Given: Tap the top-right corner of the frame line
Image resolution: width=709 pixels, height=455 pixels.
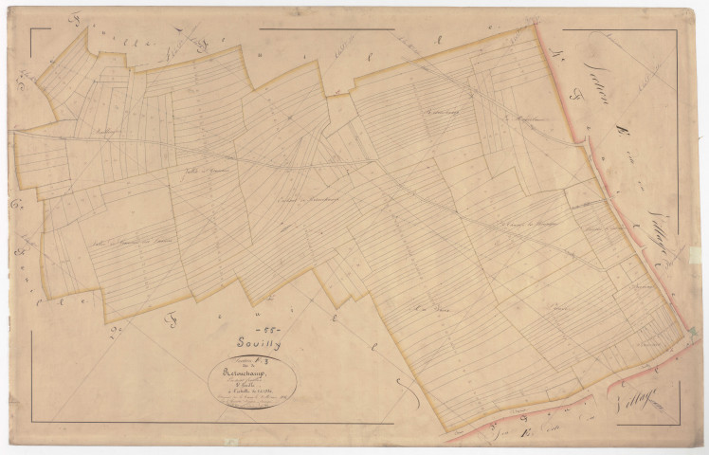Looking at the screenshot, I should (x=677, y=30).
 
